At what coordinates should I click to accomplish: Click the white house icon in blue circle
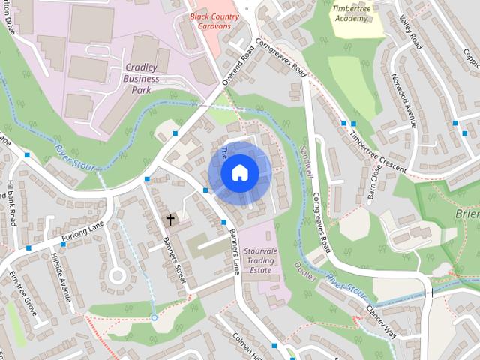(238, 173)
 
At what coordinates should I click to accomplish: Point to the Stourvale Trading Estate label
(271, 256)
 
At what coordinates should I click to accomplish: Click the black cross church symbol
(170, 220)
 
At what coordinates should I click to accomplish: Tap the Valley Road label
(411, 34)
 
